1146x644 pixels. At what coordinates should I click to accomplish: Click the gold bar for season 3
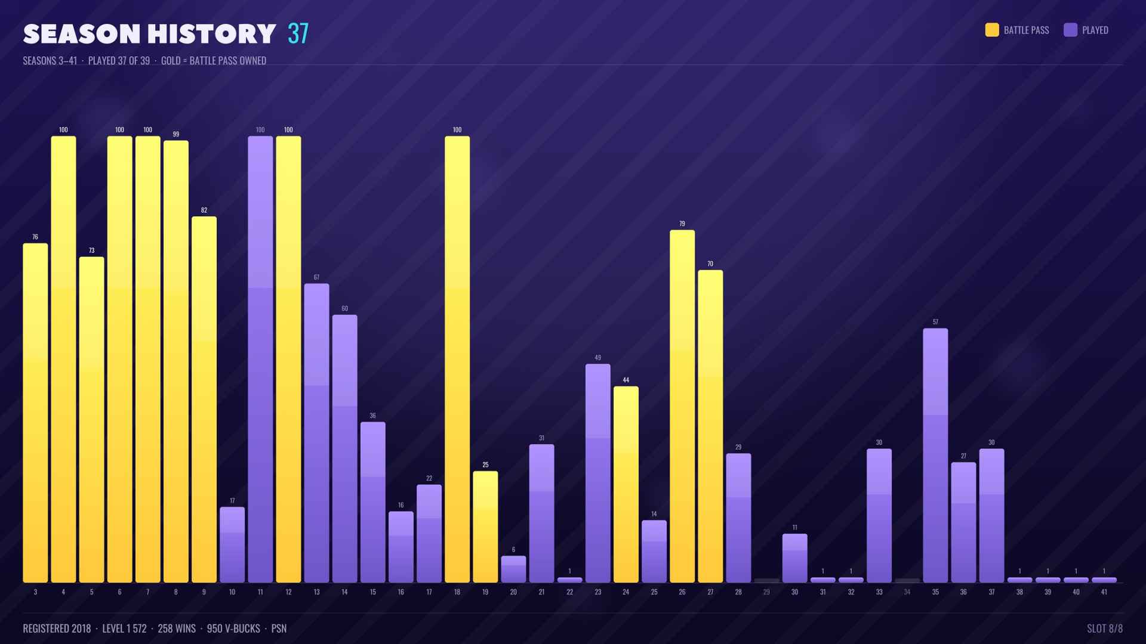(35, 413)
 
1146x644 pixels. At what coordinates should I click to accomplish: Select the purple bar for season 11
(260, 359)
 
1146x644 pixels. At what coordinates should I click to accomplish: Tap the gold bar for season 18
(457, 359)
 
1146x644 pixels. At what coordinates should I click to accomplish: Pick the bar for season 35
(935, 455)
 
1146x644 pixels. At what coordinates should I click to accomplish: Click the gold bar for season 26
(682, 406)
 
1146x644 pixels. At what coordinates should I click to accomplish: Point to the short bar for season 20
(513, 569)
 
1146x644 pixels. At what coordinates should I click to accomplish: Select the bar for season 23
(597, 473)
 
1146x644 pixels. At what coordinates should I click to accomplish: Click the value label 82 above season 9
(204, 210)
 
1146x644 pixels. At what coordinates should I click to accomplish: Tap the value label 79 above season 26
(682, 224)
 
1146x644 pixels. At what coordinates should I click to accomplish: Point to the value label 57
(935, 322)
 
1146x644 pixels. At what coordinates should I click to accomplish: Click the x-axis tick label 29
(766, 592)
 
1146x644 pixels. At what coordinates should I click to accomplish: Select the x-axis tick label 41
(1104, 592)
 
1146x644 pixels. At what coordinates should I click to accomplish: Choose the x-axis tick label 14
(344, 592)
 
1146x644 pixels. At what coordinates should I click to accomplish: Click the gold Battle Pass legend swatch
(992, 30)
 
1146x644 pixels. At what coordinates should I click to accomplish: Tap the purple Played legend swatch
(1070, 30)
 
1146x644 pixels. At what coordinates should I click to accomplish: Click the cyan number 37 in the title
(298, 33)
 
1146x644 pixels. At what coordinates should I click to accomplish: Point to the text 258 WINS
(177, 628)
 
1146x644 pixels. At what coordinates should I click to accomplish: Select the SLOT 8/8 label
(1105, 628)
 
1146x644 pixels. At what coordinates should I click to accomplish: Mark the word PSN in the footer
(279, 628)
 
